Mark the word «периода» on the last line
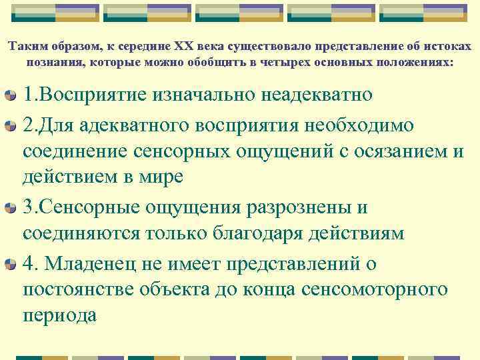[60, 316]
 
